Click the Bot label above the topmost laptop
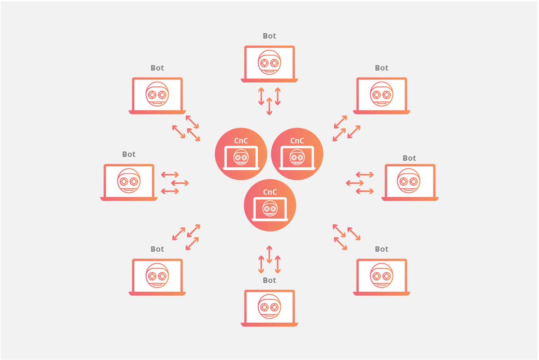coord(269,36)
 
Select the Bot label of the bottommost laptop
coord(269,280)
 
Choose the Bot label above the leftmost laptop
coord(129,154)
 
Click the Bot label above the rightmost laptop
coord(410,158)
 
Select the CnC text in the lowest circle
coord(269,192)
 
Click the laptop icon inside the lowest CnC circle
coord(269,209)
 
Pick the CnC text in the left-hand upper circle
coord(241,141)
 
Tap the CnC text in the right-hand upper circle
coord(297,141)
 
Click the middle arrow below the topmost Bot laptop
coord(269,106)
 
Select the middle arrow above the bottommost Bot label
coord(269,254)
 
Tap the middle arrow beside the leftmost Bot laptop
coord(180,183)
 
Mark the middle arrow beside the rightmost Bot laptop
coord(355,182)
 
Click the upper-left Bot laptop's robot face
coord(157,93)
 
